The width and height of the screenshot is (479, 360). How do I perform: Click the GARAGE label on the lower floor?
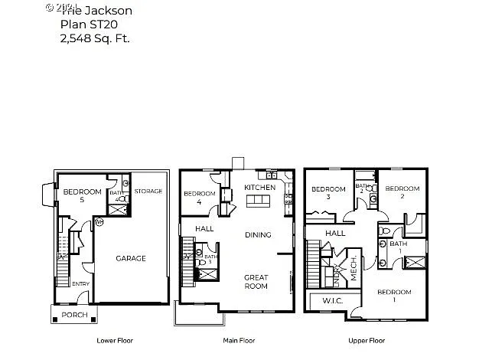pyautogui.click(x=130, y=258)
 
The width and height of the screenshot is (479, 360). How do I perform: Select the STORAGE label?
pyautogui.click(x=148, y=191)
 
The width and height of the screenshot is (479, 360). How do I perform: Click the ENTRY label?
pyautogui.click(x=81, y=284)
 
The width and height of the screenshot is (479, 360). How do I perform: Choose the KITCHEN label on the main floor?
pyautogui.click(x=259, y=188)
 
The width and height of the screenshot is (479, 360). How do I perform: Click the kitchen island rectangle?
pyautogui.click(x=258, y=201)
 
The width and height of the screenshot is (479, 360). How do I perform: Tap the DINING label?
pyautogui.click(x=259, y=235)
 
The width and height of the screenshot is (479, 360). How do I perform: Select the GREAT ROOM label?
pyautogui.click(x=256, y=281)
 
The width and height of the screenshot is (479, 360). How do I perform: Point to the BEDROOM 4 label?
pyautogui.click(x=198, y=198)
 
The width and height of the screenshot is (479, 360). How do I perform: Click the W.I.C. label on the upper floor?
pyautogui.click(x=331, y=299)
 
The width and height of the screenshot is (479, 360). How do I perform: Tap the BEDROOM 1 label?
pyautogui.click(x=394, y=296)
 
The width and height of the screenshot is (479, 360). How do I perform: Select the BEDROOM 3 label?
pyautogui.click(x=327, y=193)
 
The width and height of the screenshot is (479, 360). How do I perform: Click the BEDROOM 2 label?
pyautogui.click(x=402, y=193)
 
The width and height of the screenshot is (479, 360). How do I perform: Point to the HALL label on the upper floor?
pyautogui.click(x=335, y=234)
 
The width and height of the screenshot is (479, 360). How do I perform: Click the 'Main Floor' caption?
pyautogui.click(x=237, y=340)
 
